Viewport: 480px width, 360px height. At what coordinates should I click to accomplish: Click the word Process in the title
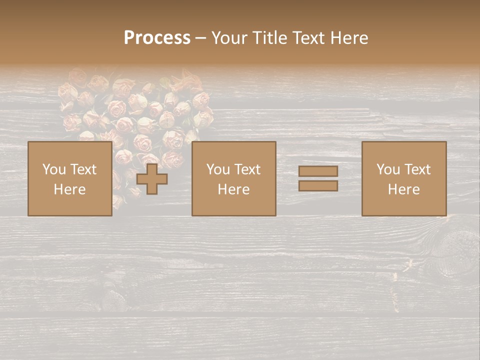[x=157, y=38]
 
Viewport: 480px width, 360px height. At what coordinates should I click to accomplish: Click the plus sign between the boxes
[x=152, y=179]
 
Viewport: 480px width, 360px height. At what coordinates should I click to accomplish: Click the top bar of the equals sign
[x=318, y=171]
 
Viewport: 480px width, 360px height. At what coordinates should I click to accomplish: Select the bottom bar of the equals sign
[x=318, y=186]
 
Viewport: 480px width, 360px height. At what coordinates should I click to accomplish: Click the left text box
[x=69, y=178]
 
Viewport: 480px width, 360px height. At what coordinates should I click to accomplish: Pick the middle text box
[x=233, y=178]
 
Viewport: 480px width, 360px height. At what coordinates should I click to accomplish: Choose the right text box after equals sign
[x=403, y=178]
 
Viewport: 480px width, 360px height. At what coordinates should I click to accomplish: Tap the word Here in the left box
[x=69, y=189]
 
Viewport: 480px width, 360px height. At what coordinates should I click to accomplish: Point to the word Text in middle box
[x=246, y=169]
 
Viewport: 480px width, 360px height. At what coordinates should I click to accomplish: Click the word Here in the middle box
[x=233, y=189]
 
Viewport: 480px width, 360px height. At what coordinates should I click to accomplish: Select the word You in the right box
[x=388, y=169]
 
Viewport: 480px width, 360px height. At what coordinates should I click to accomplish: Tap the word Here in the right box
[x=403, y=189]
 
